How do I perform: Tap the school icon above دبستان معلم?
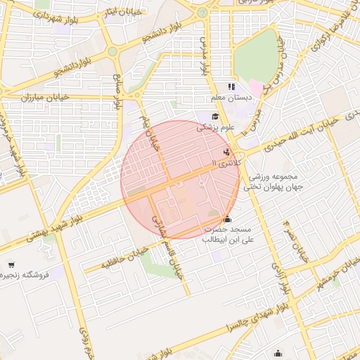(x=231, y=86)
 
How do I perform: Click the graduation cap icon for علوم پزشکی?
(x=215, y=117)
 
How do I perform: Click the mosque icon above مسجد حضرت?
(x=226, y=219)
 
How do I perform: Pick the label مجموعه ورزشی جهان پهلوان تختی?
(x=271, y=181)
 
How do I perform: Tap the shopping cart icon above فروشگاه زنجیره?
(x=11, y=264)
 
